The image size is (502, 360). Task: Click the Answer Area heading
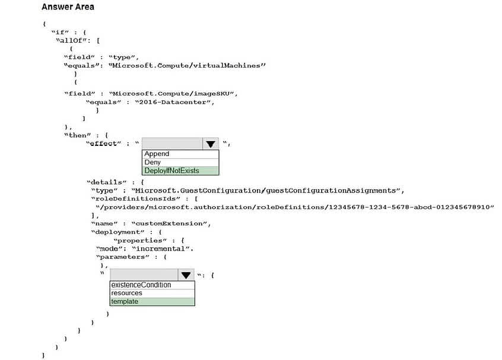pyautogui.click(x=68, y=7)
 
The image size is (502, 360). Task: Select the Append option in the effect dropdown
pyautogui.click(x=157, y=154)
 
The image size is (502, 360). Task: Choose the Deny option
pyautogui.click(x=152, y=163)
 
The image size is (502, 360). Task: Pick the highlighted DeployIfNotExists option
pyautogui.click(x=171, y=171)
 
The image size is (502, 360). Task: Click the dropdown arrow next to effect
pyautogui.click(x=210, y=144)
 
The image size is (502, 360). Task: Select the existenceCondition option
pyautogui.click(x=141, y=285)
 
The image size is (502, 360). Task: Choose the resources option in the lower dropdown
pyautogui.click(x=126, y=293)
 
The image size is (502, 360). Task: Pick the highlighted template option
pyautogui.click(x=125, y=301)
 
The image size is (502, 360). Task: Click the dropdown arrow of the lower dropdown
pyautogui.click(x=186, y=275)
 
